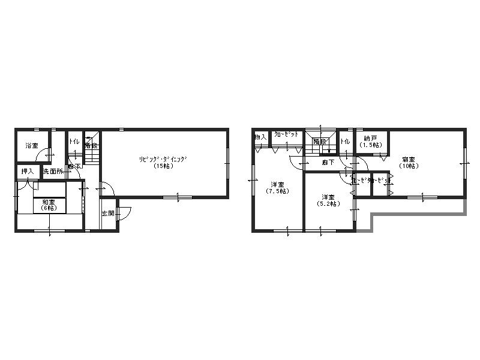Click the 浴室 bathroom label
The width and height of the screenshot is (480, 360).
(31, 146)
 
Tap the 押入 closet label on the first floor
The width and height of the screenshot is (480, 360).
(28, 172)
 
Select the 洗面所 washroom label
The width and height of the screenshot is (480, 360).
(52, 172)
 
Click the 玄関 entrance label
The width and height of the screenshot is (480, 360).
(107, 213)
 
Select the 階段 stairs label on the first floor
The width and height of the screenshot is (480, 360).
(91, 145)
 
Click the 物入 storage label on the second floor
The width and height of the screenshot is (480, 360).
(260, 137)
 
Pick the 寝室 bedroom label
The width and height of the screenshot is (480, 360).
(409, 160)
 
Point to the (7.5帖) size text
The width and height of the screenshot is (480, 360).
(277, 191)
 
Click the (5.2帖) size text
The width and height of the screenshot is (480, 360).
(328, 204)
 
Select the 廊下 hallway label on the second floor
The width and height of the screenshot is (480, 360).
(328, 162)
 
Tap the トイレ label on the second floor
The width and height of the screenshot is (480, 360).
(346, 142)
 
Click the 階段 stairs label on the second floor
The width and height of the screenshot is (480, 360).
(319, 142)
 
